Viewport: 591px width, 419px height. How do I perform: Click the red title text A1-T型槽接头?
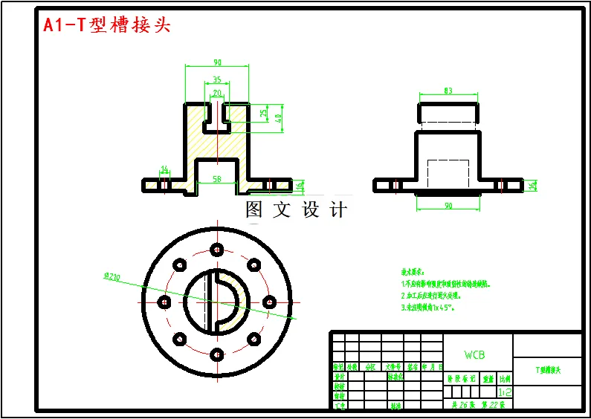point(106,25)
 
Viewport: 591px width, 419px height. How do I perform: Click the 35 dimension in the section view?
point(216,79)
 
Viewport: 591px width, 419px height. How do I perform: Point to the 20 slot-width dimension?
point(216,94)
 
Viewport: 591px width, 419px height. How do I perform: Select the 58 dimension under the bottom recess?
point(216,179)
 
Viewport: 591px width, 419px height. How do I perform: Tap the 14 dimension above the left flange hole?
point(164,169)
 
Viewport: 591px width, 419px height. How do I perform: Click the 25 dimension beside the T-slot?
point(264,113)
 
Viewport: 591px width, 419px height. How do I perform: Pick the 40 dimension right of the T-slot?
point(279,117)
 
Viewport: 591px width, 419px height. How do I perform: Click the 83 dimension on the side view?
point(448,91)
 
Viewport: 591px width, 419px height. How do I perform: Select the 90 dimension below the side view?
point(448,205)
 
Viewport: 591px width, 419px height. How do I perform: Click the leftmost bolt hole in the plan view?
point(164,302)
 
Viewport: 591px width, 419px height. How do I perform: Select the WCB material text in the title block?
point(474,355)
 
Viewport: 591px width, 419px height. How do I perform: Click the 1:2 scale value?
point(505,391)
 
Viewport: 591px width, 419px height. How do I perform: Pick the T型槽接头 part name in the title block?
point(548,369)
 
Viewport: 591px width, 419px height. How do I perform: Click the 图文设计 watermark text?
point(296,210)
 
